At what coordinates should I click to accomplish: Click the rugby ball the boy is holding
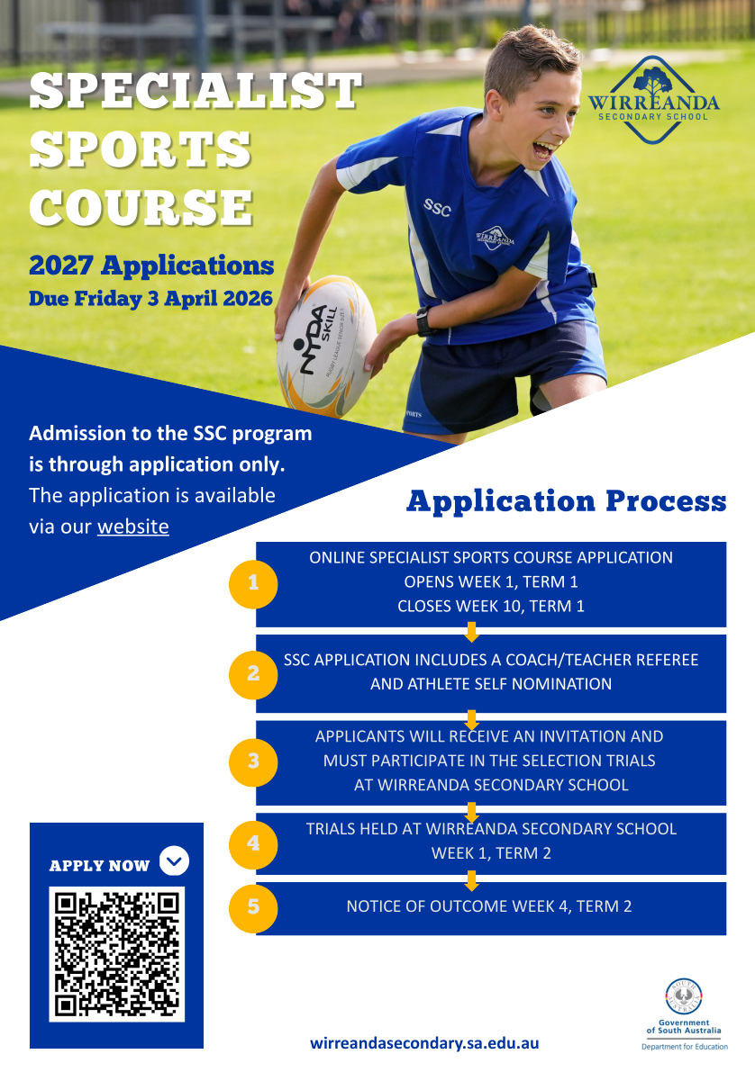[326, 346]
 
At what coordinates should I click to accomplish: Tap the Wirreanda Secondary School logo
[654, 100]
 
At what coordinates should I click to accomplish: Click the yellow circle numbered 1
[253, 583]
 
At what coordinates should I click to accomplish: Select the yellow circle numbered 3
[253, 761]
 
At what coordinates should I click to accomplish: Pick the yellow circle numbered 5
[253, 907]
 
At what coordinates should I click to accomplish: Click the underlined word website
[132, 527]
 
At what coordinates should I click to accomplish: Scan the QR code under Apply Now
[117, 954]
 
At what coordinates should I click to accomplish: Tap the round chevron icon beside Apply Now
[174, 860]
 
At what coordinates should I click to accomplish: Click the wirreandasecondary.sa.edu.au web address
[424, 1043]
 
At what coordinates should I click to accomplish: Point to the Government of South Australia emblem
[684, 996]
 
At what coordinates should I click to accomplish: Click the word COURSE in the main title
[141, 207]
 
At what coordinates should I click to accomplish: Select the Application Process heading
[566, 501]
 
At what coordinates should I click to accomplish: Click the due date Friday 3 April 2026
[173, 299]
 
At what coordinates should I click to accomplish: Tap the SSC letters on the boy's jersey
[437, 207]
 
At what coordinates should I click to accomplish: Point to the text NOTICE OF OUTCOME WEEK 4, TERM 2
[488, 906]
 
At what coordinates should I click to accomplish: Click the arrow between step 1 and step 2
[471, 632]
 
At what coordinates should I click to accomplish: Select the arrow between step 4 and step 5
[471, 880]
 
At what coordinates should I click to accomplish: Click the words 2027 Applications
[151, 266]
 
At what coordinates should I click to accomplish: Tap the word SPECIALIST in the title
[196, 91]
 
